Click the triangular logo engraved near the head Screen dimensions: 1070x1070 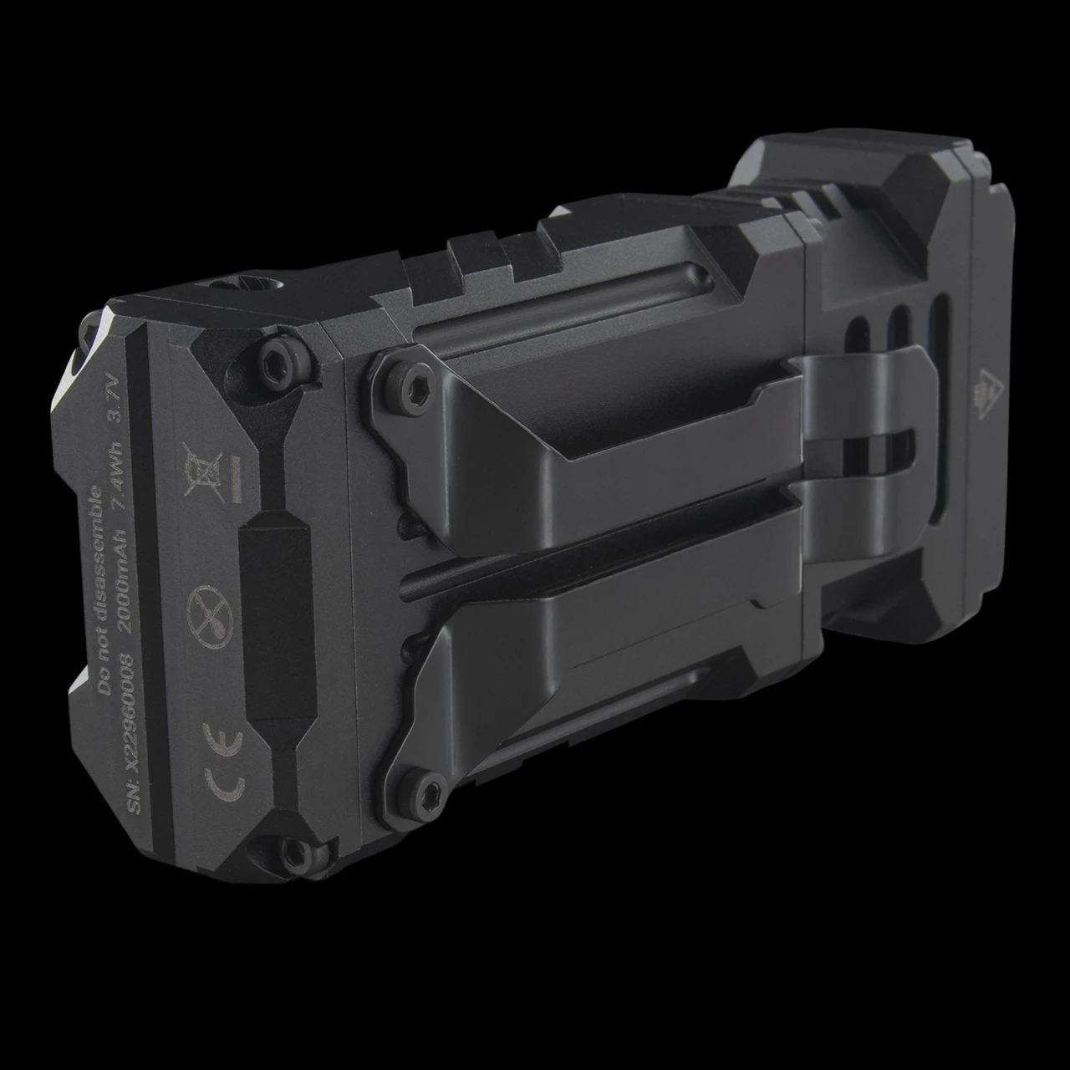pos(990,387)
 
